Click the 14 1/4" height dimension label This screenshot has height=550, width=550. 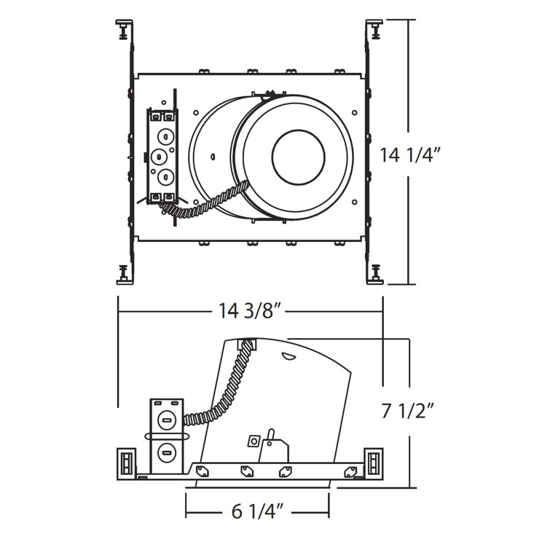[x=409, y=154]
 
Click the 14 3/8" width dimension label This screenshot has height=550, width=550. [x=251, y=310]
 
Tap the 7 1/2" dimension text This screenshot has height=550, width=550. [x=408, y=411]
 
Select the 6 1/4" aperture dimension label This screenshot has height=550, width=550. [x=257, y=512]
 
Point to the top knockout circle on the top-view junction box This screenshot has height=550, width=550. [x=165, y=136]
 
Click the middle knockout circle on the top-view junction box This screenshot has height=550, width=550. [x=159, y=157]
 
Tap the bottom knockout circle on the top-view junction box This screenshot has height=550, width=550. [x=165, y=178]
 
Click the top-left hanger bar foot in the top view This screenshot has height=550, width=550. [x=124, y=28]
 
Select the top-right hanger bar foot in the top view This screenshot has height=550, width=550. [x=374, y=28]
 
